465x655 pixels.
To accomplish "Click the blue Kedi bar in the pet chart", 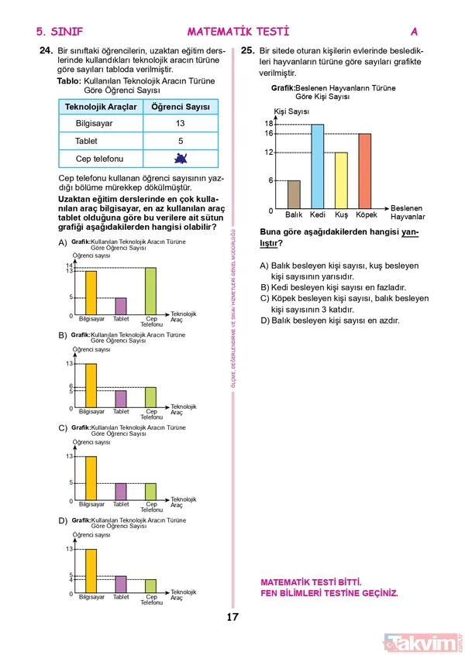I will (x=317, y=166).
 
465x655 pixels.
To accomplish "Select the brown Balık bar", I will (x=294, y=195).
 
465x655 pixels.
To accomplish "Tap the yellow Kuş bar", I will (x=341, y=181).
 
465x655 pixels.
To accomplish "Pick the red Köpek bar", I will (x=364, y=171).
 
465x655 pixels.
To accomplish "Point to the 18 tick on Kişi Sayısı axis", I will (x=269, y=124).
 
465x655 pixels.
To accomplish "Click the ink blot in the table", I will (x=180, y=159).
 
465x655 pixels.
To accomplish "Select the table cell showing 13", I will (x=180, y=124).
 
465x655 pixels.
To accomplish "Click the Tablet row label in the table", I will (x=87, y=142).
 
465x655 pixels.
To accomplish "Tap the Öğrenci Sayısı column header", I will (x=180, y=106).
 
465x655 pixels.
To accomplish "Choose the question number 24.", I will (x=44, y=51).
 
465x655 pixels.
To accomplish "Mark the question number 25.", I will (x=248, y=51).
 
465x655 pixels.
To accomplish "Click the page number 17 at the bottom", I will (x=232, y=617).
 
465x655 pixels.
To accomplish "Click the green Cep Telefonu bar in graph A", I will (x=150, y=292).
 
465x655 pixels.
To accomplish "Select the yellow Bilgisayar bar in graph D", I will (x=91, y=571).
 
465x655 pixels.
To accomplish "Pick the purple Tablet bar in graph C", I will (x=120, y=492).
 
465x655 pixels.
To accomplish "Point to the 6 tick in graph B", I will (x=71, y=386).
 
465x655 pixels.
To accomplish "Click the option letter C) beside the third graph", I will (x=63, y=428).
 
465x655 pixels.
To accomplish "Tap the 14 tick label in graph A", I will (x=70, y=266).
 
